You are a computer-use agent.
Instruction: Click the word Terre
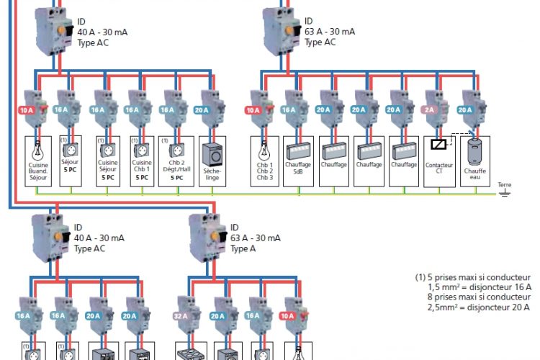point(504,184)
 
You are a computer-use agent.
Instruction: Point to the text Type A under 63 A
point(244,249)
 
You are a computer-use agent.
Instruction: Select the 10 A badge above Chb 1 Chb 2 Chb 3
point(252,111)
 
